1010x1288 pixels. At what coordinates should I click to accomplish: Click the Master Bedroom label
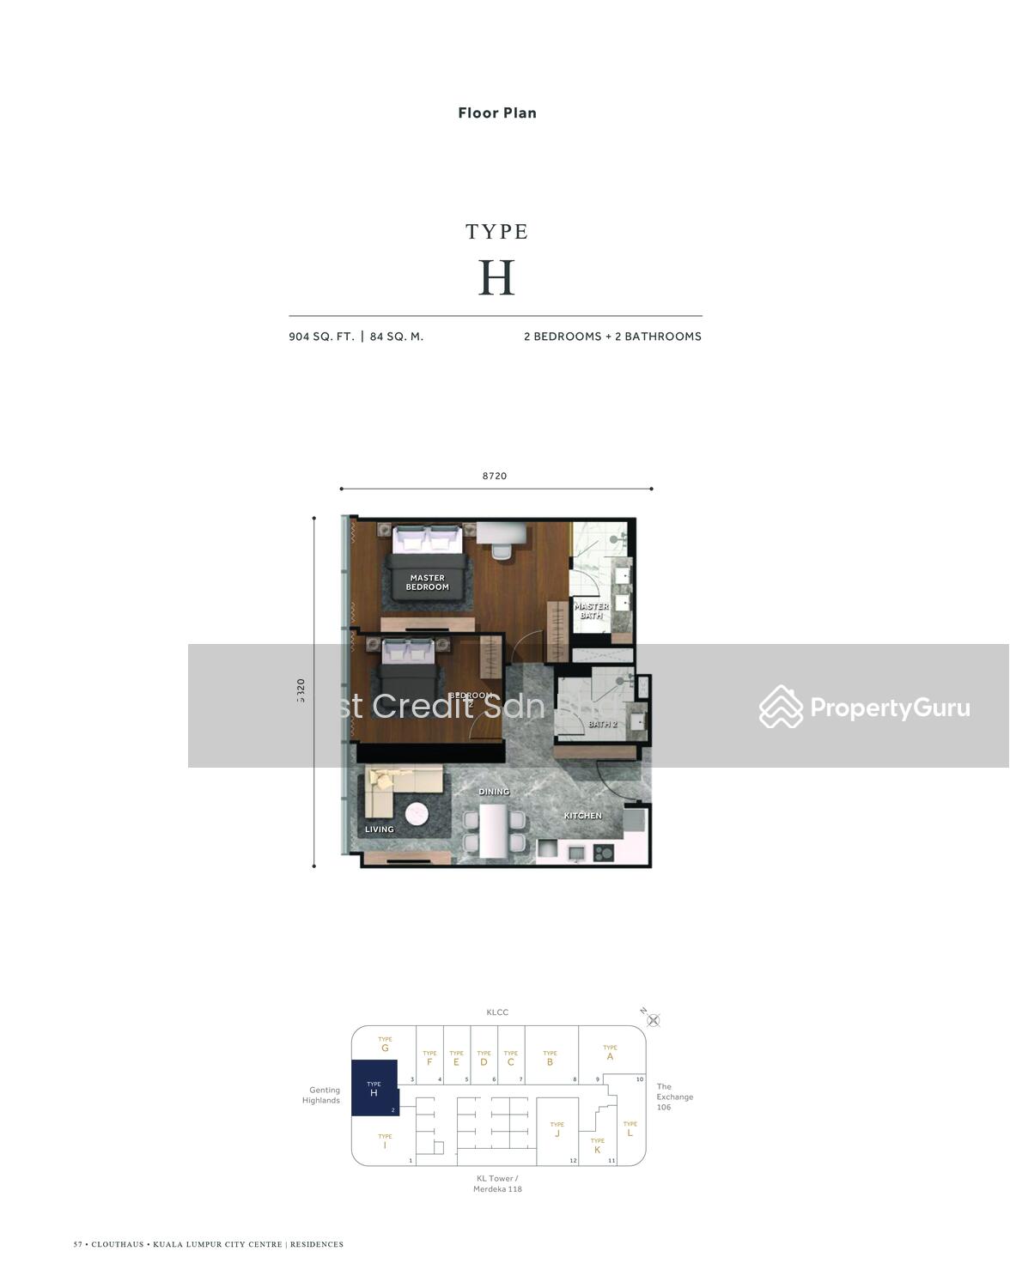[427, 582]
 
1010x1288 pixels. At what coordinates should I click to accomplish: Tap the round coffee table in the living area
[417, 813]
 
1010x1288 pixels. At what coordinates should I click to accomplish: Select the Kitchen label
[582, 815]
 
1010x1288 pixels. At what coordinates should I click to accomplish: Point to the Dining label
[494, 791]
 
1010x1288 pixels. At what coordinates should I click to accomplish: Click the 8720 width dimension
[495, 476]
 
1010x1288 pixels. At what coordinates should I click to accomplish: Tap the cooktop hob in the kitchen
[603, 853]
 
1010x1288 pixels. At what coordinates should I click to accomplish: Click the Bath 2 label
[602, 724]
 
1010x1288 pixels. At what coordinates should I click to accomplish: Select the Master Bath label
[591, 610]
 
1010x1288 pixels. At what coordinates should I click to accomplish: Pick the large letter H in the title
[496, 277]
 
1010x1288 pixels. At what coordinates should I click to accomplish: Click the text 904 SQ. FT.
[321, 337]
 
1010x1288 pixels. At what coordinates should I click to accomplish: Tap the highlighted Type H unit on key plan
[374, 1088]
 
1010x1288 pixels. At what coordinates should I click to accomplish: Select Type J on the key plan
[557, 1130]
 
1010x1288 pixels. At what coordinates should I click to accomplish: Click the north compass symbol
[653, 1020]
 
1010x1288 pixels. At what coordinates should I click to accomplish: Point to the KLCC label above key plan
[497, 1012]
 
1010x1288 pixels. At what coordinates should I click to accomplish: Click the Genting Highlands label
[321, 1095]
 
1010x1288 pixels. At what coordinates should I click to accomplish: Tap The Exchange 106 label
[674, 1097]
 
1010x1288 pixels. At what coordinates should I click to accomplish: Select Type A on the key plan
[610, 1053]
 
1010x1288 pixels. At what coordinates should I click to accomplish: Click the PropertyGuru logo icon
[781, 707]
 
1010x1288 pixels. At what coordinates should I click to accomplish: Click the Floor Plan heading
[497, 112]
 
